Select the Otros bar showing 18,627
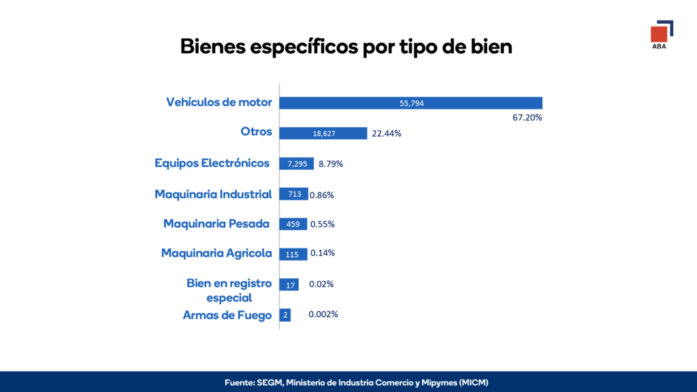click(323, 133)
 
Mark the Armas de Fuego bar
click(285, 315)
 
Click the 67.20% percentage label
click(527, 118)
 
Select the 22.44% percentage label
click(387, 133)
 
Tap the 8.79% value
click(331, 164)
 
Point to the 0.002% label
click(323, 314)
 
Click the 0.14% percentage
click(323, 253)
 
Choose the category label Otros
click(256, 131)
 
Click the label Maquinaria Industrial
click(213, 194)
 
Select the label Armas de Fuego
click(227, 315)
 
